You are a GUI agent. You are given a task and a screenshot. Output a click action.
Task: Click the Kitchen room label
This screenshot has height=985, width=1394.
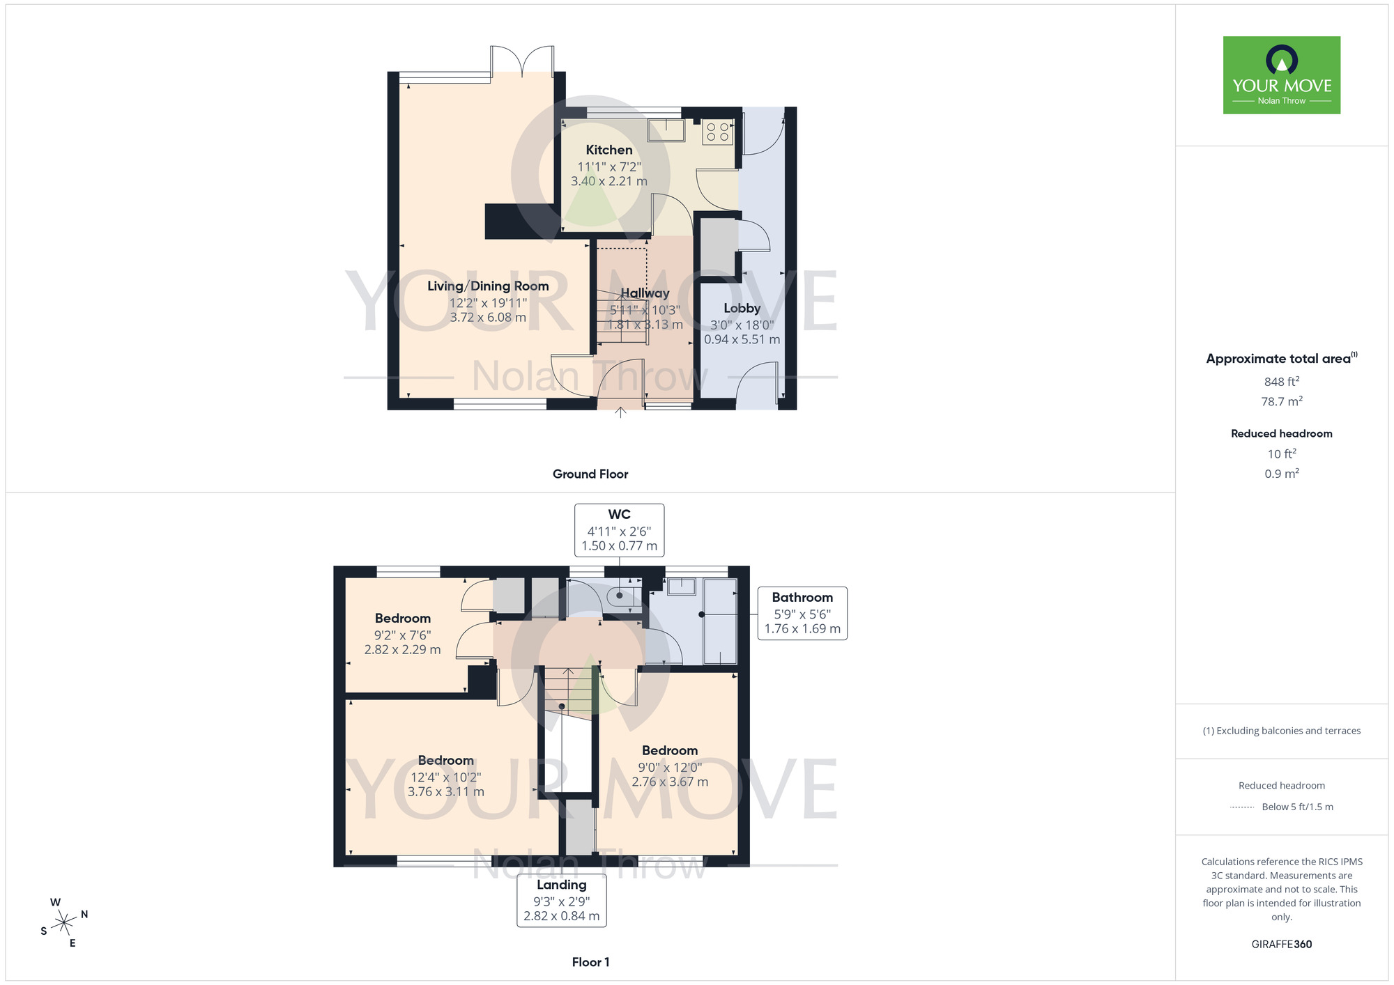coord(608,150)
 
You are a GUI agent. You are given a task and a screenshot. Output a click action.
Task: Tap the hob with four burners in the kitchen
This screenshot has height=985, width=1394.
coord(717,132)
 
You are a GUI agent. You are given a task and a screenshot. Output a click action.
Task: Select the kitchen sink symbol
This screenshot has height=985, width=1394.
coord(666,130)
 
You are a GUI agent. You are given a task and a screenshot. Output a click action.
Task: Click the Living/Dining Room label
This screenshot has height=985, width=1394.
coord(488,286)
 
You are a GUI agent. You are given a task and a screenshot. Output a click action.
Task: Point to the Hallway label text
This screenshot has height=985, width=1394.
coord(645,293)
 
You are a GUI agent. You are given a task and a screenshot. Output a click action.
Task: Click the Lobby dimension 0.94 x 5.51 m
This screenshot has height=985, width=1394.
coord(742,339)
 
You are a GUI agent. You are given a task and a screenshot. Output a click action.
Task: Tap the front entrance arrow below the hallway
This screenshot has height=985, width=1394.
coord(620,412)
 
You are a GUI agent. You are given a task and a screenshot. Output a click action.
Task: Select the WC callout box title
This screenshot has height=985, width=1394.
coord(619,514)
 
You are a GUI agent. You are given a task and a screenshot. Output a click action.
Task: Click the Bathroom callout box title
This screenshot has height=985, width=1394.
coord(802,597)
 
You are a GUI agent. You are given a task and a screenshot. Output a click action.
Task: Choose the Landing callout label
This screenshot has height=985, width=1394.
coord(561,885)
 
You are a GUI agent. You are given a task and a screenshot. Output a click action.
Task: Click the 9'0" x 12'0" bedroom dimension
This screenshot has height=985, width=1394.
coord(670,767)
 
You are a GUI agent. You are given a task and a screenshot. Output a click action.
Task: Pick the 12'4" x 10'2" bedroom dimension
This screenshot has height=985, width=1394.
coord(445,777)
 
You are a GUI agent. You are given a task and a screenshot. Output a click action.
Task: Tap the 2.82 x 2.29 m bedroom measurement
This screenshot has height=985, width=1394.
coord(402,649)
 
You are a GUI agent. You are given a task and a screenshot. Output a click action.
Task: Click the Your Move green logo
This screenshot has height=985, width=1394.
coord(1281,75)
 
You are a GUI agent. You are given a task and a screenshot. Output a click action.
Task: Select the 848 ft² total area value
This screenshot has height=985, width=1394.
coord(1281,382)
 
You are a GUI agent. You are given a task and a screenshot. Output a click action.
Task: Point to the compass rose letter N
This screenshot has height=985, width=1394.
coord(84,914)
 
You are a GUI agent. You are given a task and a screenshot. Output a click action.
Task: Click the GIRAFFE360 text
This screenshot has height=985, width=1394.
coord(1281,944)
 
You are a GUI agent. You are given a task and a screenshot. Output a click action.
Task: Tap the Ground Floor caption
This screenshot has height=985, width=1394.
coord(590,474)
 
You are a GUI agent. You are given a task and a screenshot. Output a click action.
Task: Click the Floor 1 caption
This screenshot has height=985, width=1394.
coord(590,962)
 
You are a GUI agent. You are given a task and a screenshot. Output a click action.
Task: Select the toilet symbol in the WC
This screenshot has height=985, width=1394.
coord(619,596)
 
